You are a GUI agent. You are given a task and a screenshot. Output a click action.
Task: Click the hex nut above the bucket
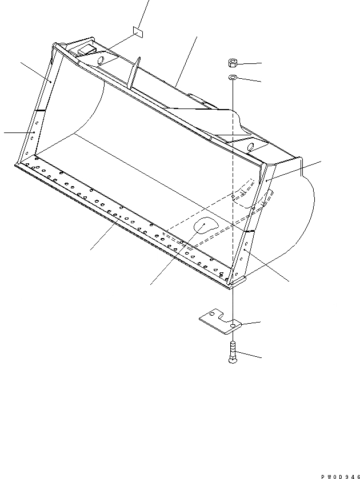point(233,62)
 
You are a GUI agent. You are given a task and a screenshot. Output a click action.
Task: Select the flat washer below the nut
point(233,77)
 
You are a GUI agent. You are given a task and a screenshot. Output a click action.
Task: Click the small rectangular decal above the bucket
point(138,31)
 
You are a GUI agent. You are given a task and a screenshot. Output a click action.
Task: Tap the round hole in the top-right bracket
point(250,148)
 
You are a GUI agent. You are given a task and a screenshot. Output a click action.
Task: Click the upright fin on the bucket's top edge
point(133,74)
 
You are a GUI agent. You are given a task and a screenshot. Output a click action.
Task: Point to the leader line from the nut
point(249,63)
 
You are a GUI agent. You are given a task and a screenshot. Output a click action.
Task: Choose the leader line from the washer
point(250,80)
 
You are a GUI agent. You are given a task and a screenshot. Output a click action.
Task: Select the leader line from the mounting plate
point(250,324)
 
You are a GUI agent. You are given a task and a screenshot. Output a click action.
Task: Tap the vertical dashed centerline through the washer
point(233,171)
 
